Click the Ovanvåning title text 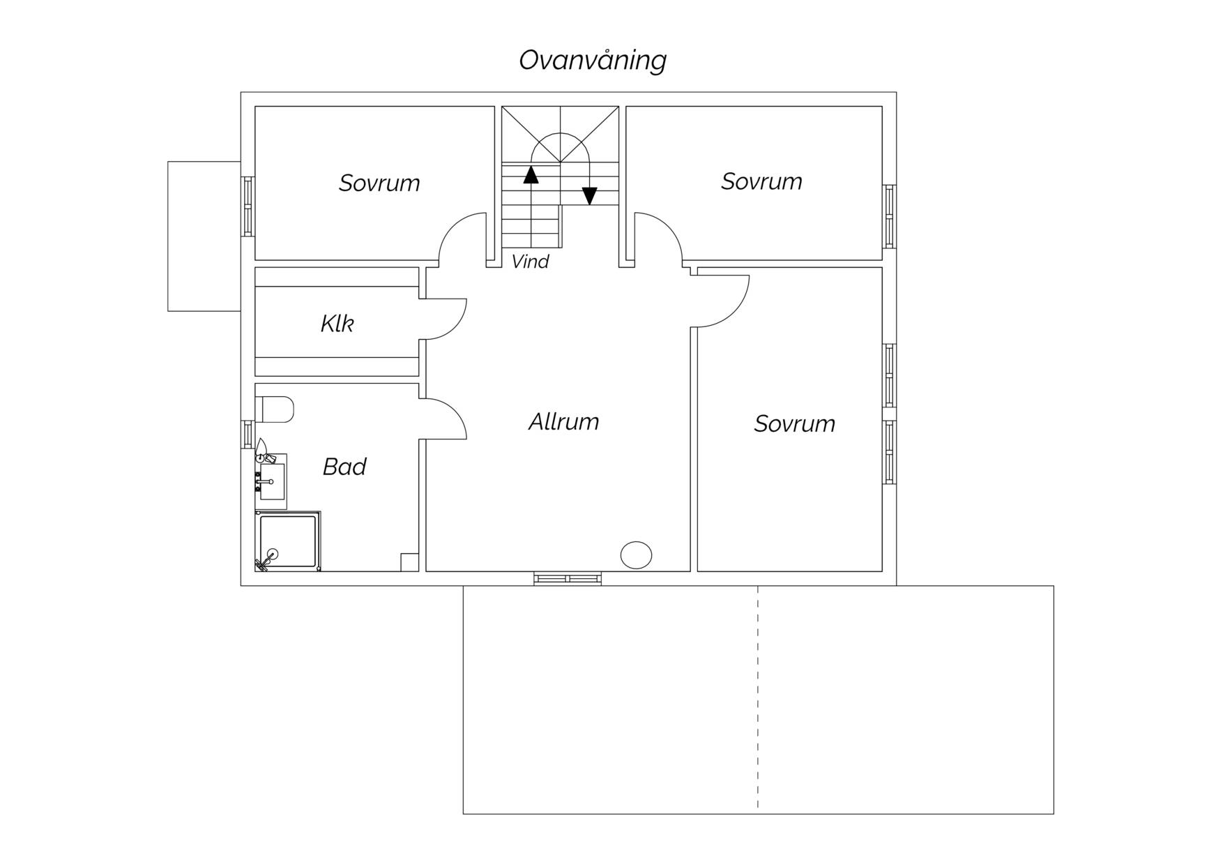[593, 61]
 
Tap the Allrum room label [563, 422]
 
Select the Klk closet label [337, 324]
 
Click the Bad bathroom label [344, 467]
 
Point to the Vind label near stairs [531, 262]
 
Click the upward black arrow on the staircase [531, 174]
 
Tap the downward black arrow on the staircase [590, 196]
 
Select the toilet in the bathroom [274, 409]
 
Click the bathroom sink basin [272, 482]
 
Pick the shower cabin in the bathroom [288, 541]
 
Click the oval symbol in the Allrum [636, 555]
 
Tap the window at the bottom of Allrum [568, 578]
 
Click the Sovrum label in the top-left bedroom [379, 183]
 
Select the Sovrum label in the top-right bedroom [761, 181]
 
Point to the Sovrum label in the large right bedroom [794, 423]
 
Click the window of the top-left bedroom [248, 206]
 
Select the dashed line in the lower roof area [758, 698]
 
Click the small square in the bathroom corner [409, 562]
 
